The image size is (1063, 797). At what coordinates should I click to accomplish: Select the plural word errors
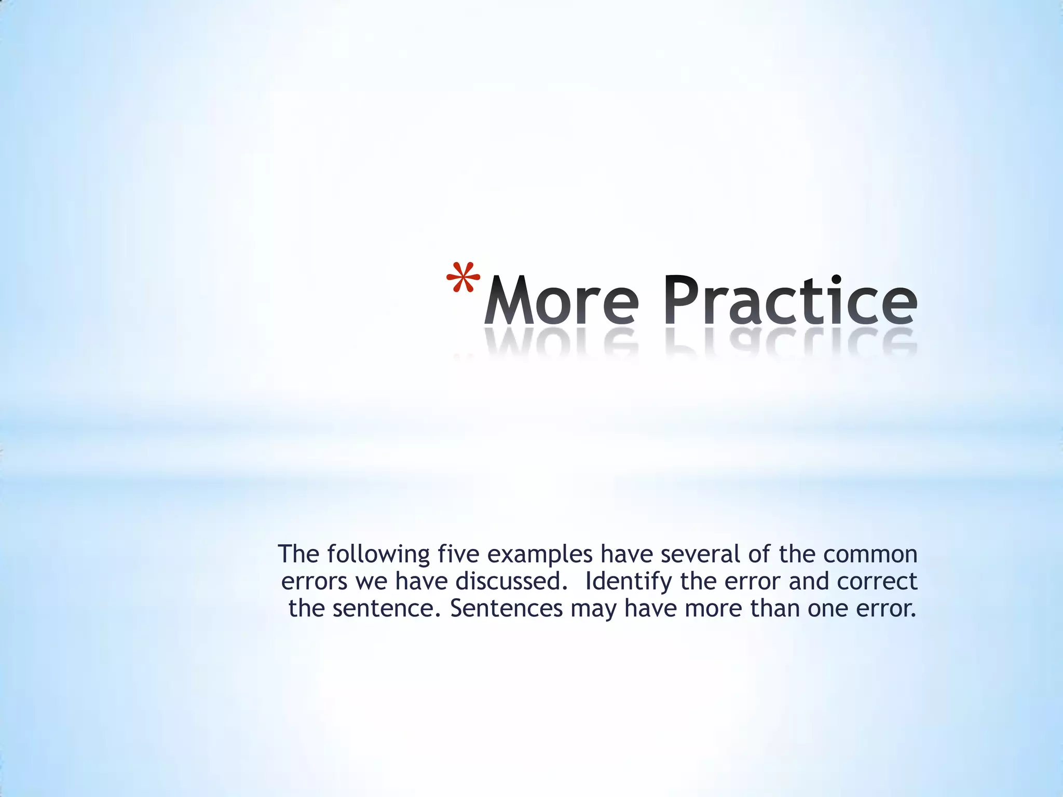pos(314,582)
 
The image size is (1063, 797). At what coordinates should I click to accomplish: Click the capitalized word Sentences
pos(506,609)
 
